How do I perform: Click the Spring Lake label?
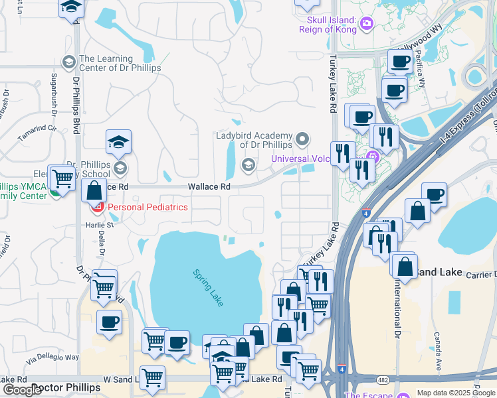point(208,287)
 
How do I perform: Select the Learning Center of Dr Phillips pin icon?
point(68,63)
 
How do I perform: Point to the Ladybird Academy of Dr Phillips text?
point(254,140)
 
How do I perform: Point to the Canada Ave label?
point(437,352)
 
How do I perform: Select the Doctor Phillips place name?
point(66,387)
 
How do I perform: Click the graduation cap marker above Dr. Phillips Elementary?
point(118,142)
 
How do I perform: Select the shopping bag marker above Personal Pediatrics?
point(94,190)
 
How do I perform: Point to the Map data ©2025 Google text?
point(456,393)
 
